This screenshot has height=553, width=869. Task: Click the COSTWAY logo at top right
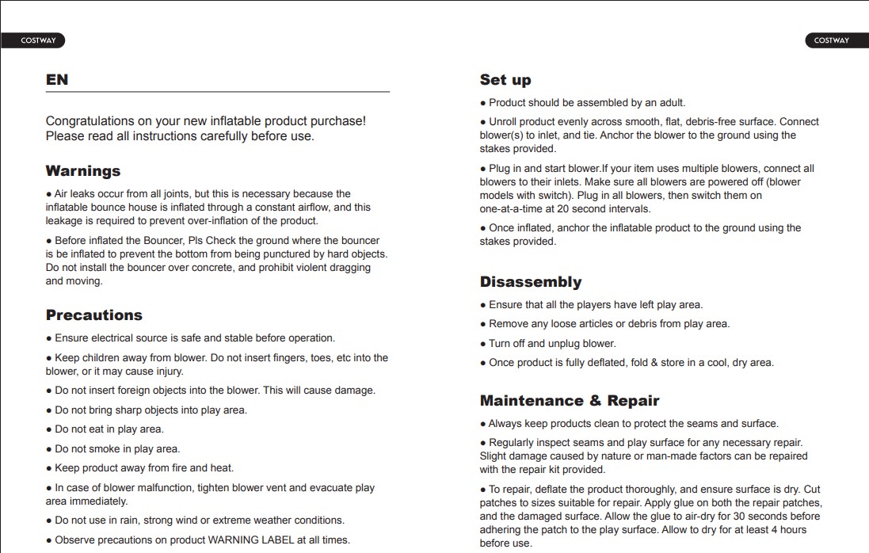click(x=831, y=40)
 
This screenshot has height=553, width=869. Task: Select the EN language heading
click(x=57, y=80)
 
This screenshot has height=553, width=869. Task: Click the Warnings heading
click(x=83, y=171)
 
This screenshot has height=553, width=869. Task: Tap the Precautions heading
click(x=94, y=315)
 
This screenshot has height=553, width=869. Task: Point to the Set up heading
click(x=505, y=80)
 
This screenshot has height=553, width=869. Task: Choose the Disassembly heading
click(x=531, y=282)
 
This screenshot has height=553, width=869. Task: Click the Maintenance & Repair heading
click(x=570, y=401)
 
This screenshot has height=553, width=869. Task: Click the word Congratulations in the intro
click(x=90, y=121)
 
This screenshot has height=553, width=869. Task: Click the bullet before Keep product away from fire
click(x=49, y=468)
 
